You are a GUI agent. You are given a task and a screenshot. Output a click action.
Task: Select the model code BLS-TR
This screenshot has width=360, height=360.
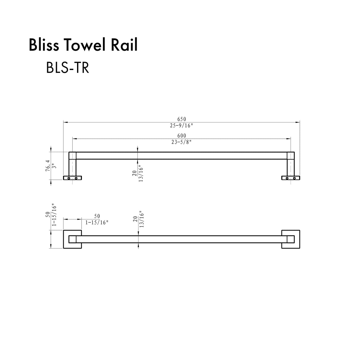coord(68,68)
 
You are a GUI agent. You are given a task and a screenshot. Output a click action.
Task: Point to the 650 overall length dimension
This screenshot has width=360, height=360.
coord(182,119)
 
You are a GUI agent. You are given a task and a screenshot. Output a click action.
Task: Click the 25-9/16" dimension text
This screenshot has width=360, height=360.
coord(182,125)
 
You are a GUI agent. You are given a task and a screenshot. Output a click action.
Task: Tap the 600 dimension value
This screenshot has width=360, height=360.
coord(182,136)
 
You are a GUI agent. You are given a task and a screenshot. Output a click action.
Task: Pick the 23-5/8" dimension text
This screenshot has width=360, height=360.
coord(181,142)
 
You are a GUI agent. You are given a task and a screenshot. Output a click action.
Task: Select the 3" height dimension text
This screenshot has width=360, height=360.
coord(54,166)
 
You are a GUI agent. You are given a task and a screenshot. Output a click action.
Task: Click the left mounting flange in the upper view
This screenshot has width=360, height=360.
coord(72,178)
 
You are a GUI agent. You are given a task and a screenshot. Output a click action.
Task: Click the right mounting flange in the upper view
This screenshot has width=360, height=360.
coord(291,178)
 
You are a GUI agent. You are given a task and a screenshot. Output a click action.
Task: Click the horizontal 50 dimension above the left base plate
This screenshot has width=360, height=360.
coord(97,216)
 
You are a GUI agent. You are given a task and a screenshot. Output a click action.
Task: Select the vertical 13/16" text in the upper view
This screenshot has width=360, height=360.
coord(141,173)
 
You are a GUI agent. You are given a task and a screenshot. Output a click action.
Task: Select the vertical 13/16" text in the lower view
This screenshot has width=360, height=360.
coord(141,219)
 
